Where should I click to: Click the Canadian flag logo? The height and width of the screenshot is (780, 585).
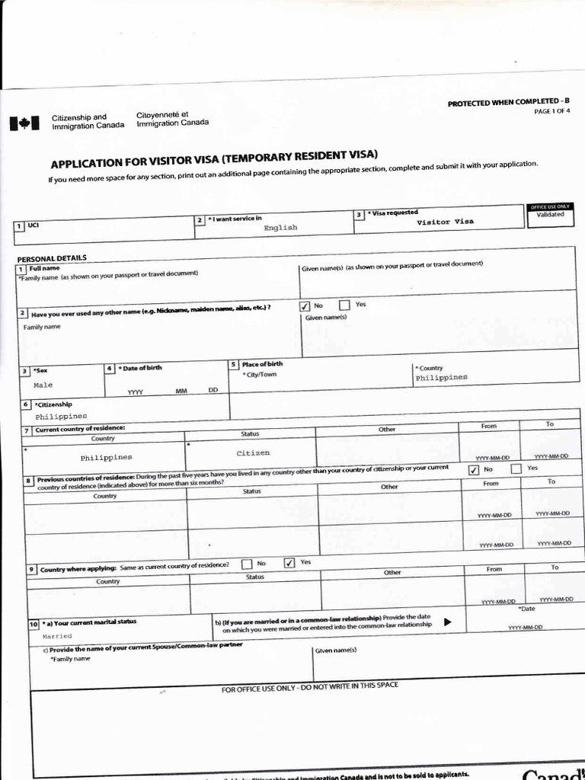(24, 123)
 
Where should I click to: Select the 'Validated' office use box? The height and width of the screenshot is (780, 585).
(549, 214)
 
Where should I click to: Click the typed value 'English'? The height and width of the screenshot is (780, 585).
(280, 227)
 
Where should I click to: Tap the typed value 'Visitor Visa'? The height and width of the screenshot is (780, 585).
(445, 222)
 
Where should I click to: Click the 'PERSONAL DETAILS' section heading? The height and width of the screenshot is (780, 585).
(52, 257)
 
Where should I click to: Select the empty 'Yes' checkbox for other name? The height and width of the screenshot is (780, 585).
(344, 305)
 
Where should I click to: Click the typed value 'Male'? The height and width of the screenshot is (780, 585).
(43, 385)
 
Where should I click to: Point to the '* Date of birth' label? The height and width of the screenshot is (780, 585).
(140, 368)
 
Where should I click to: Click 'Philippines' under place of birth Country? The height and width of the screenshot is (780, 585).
(441, 377)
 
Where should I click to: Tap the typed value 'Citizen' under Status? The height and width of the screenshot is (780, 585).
(253, 452)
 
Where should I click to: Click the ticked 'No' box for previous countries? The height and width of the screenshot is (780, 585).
(474, 470)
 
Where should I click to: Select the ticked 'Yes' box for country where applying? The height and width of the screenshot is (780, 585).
(289, 563)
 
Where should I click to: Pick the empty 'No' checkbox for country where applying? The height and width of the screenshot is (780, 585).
(247, 564)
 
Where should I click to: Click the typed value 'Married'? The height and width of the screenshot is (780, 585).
(57, 635)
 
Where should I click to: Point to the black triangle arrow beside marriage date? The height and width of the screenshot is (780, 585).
(448, 622)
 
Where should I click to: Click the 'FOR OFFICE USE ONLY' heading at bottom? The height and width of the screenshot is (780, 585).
(309, 688)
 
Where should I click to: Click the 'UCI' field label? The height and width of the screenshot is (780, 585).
(33, 225)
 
